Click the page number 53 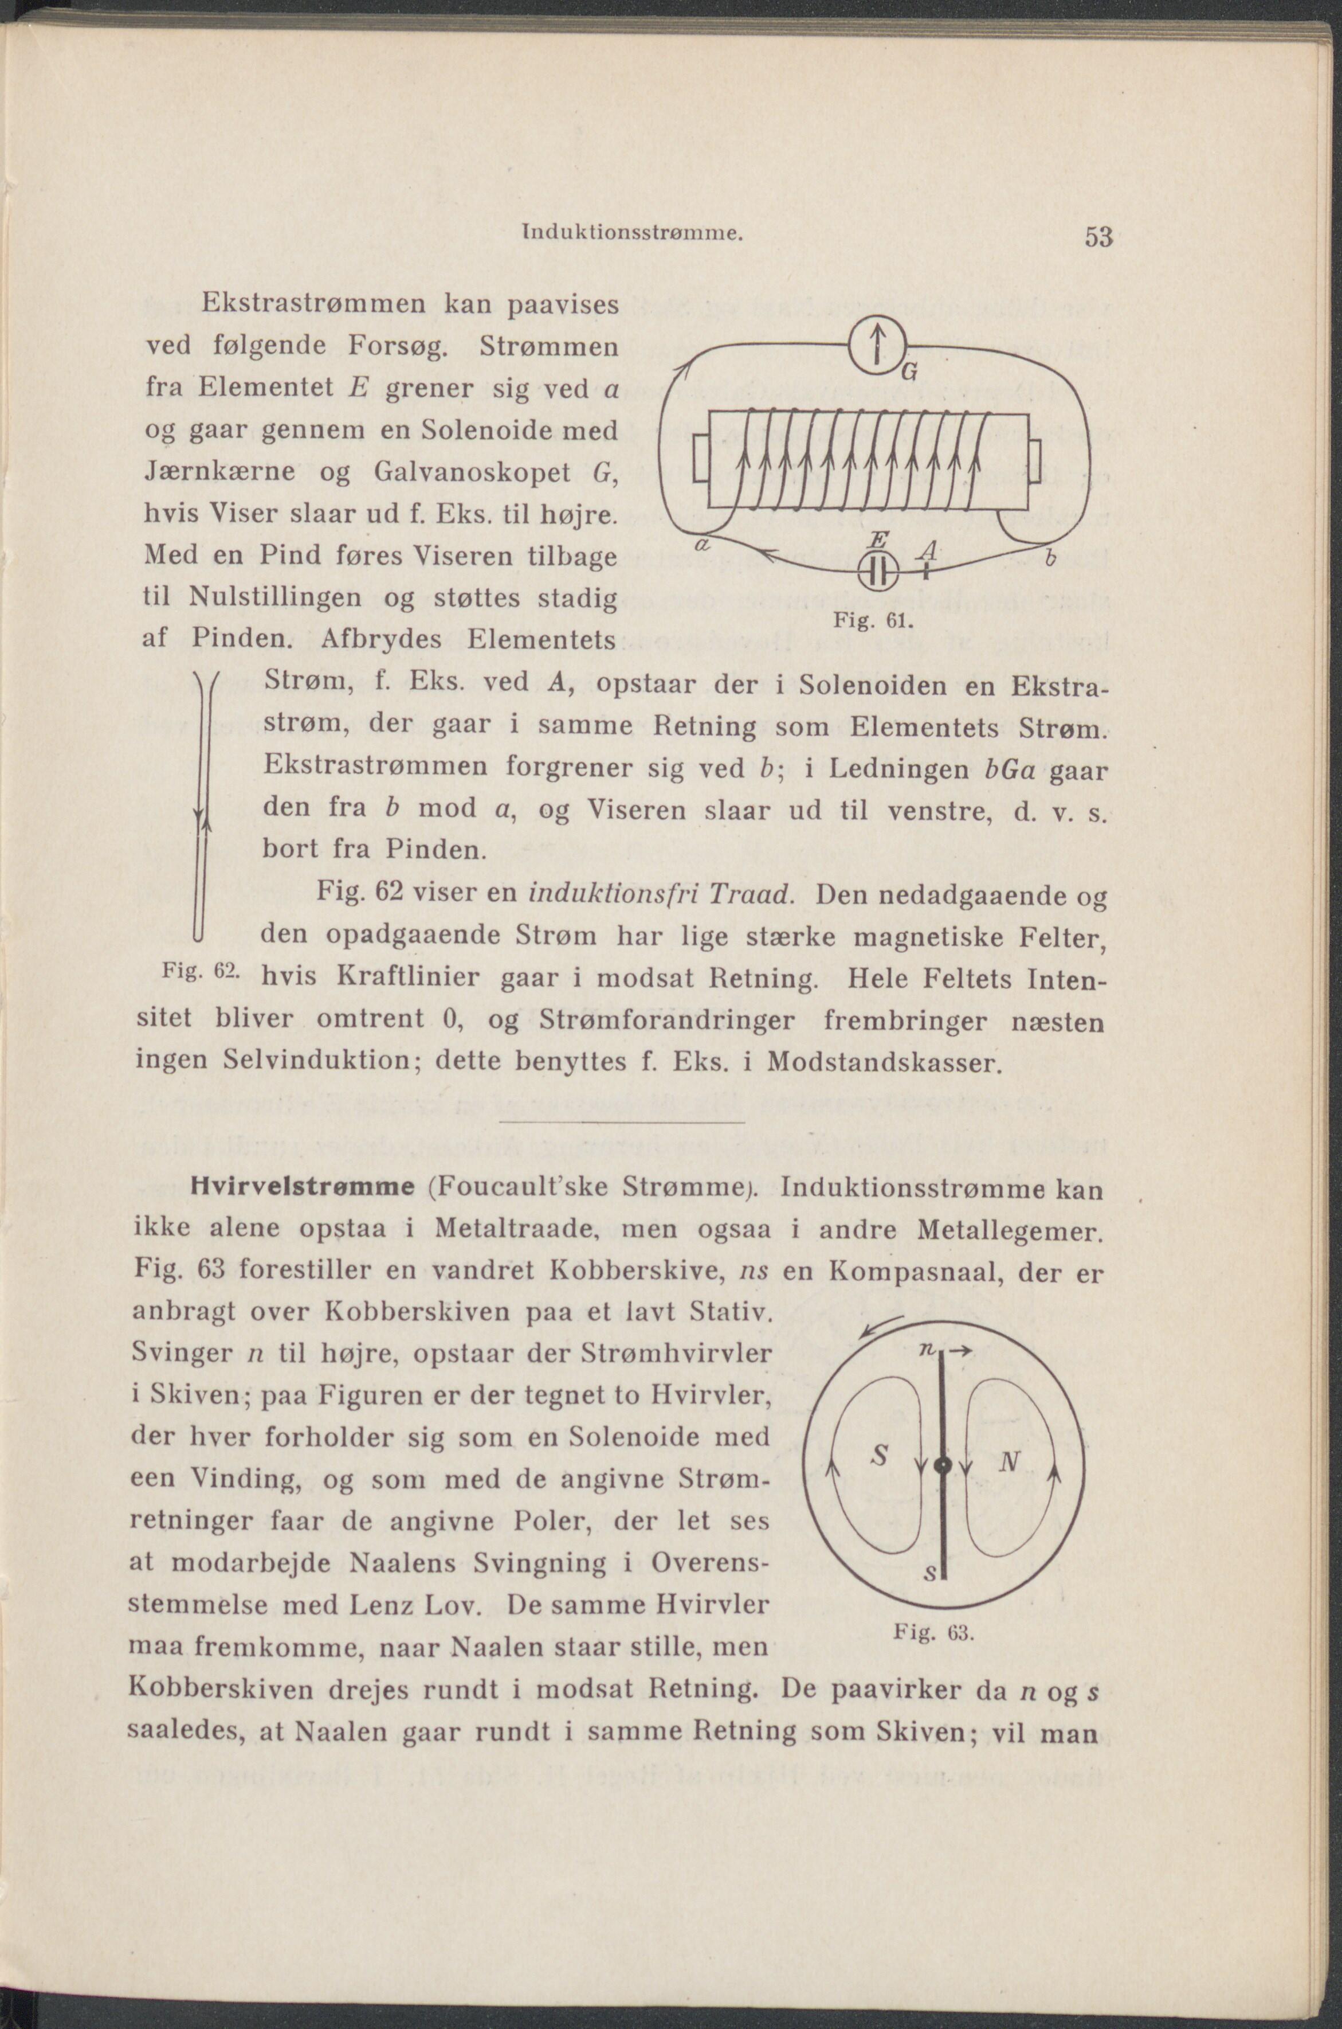click(x=1098, y=236)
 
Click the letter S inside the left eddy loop click(x=877, y=1456)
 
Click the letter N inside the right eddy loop click(x=1007, y=1461)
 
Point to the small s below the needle click(x=932, y=1573)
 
